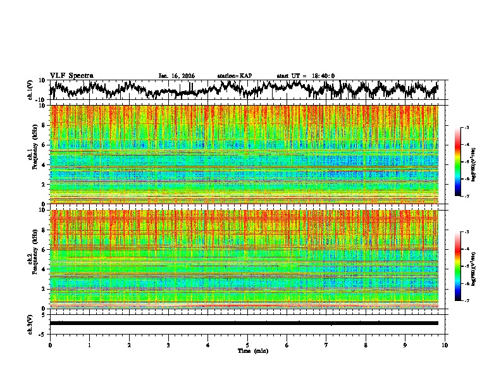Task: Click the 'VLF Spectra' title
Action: (71, 76)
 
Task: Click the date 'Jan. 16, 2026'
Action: (176, 76)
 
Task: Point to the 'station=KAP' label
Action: (235, 76)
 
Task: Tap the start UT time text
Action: (306, 76)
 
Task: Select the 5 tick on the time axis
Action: (248, 345)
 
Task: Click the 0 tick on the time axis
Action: (50, 345)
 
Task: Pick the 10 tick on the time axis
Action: (445, 345)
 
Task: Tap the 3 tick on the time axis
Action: (169, 345)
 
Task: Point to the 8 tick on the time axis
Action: (366, 345)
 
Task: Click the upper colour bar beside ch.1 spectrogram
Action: (458, 162)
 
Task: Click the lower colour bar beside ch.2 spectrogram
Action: (458, 266)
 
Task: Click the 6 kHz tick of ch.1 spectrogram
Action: (44, 145)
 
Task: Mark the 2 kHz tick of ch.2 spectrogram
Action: (44, 288)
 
